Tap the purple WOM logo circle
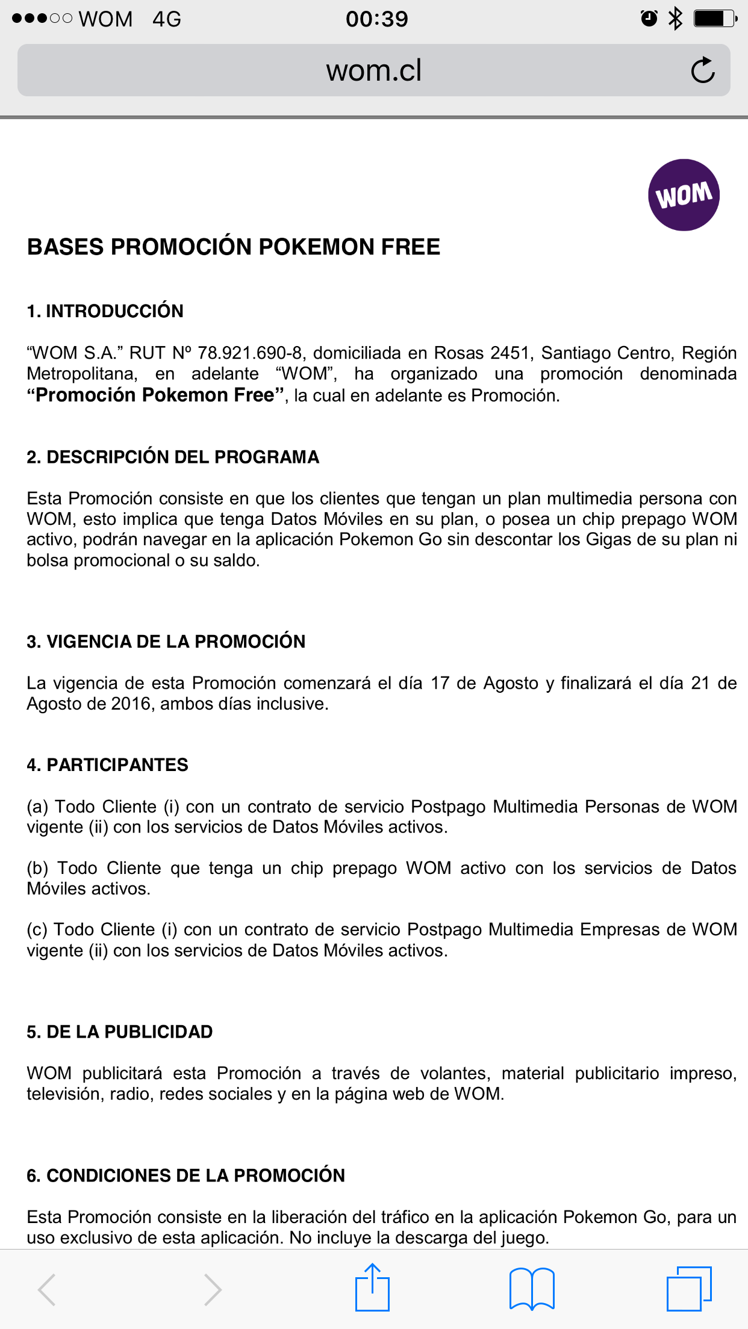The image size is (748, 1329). pyautogui.click(x=684, y=195)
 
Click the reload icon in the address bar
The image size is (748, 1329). pyautogui.click(x=702, y=70)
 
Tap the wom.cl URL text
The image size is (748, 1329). pyautogui.click(x=373, y=70)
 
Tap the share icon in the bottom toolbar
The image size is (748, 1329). pyautogui.click(x=372, y=1287)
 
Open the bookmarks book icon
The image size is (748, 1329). pyautogui.click(x=532, y=1289)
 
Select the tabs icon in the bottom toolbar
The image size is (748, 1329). pyautogui.click(x=688, y=1289)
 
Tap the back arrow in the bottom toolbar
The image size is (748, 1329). pyautogui.click(x=47, y=1289)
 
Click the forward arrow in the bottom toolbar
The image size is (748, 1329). pyautogui.click(x=212, y=1289)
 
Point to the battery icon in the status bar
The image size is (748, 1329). pyautogui.click(x=715, y=19)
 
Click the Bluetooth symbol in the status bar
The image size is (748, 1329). pyautogui.click(x=675, y=19)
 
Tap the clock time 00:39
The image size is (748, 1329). pyautogui.click(x=376, y=19)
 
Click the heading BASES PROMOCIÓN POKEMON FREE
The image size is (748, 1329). pyautogui.click(x=234, y=247)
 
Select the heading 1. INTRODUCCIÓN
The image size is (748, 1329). pyautogui.click(x=105, y=311)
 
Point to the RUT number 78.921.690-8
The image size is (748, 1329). pyautogui.click(x=250, y=353)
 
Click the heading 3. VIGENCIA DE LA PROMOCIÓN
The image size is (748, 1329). pyautogui.click(x=166, y=642)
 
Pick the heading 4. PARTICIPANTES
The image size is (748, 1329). pyautogui.click(x=107, y=765)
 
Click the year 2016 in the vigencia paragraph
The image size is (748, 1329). pyautogui.click(x=131, y=704)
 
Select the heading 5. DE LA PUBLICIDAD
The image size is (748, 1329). pyautogui.click(x=119, y=1032)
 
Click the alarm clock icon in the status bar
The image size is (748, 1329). pyautogui.click(x=649, y=19)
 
